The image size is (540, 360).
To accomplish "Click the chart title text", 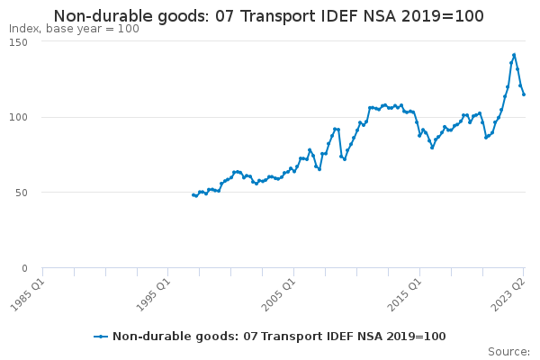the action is coord(268,16).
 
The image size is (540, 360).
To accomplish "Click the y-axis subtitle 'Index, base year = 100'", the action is coord(74,29).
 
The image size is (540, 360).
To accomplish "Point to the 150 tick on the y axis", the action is coord(19,42).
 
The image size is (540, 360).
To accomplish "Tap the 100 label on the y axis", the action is coord(19,117).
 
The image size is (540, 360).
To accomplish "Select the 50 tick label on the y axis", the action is coord(22,193).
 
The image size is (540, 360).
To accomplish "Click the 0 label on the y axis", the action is coord(24,268).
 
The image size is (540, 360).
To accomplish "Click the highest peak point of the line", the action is coord(514,55).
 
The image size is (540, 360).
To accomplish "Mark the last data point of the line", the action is coord(524,94).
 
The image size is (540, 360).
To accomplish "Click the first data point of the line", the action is coord(193,195).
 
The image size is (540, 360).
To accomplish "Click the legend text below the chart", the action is coord(279,337).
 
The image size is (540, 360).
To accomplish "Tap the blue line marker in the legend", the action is coord(101,337).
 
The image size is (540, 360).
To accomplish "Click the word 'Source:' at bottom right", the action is coord(509,352).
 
